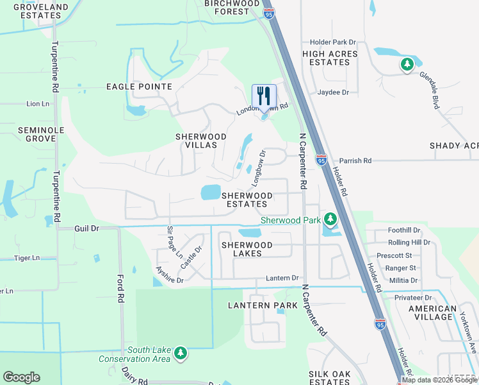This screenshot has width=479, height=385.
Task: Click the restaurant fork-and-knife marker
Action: click(264, 97)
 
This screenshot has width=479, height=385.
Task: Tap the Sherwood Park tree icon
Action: click(330, 220)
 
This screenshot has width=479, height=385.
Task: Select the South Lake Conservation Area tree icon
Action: click(181, 354)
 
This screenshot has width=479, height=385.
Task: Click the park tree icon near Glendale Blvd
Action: click(406, 64)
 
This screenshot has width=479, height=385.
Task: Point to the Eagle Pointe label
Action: click(139, 87)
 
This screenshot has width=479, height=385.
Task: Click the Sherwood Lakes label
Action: click(247, 250)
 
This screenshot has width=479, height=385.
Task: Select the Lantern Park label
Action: click(263, 305)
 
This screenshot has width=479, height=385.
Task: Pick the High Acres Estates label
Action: click(330, 58)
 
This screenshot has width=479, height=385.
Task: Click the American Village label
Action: click(434, 312)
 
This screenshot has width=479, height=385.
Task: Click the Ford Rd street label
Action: click(120, 289)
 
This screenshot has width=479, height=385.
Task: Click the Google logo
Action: click(22, 377)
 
